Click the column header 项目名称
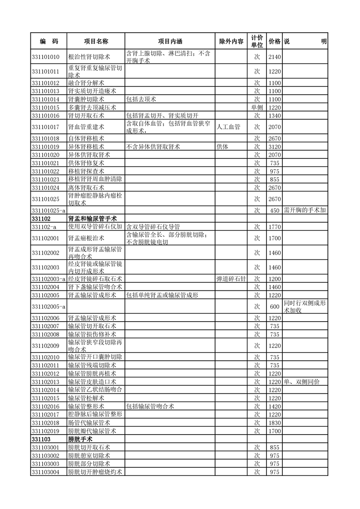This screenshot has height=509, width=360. coord(96,41)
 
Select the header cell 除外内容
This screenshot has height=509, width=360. coord(231,41)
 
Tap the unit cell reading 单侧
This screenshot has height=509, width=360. coord(256,108)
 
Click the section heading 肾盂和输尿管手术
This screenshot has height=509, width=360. coord(90,218)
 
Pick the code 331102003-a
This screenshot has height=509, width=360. coord(49,279)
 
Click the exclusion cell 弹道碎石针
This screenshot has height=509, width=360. coord(231,279)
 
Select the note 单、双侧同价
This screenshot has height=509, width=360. coord(301,382)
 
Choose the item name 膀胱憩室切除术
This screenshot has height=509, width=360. coord(89,455)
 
